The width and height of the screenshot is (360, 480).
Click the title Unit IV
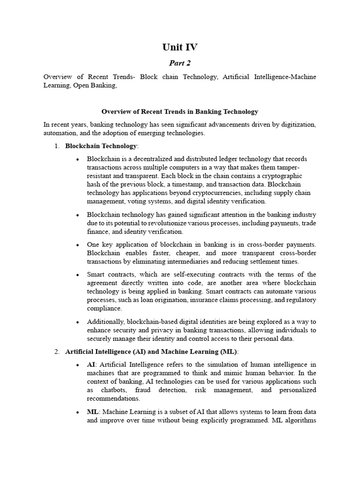pyautogui.click(x=180, y=47)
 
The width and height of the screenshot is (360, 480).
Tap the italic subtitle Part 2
pyautogui.click(x=180, y=63)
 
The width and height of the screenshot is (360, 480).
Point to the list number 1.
pyautogui.click(x=56, y=146)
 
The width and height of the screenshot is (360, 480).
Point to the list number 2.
pyautogui.click(x=56, y=352)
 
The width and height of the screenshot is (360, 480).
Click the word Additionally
pyautogui.click(x=105, y=322)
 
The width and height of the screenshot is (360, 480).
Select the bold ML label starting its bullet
pyautogui.click(x=92, y=412)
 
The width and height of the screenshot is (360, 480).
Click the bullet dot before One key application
pyautogui.click(x=77, y=245)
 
